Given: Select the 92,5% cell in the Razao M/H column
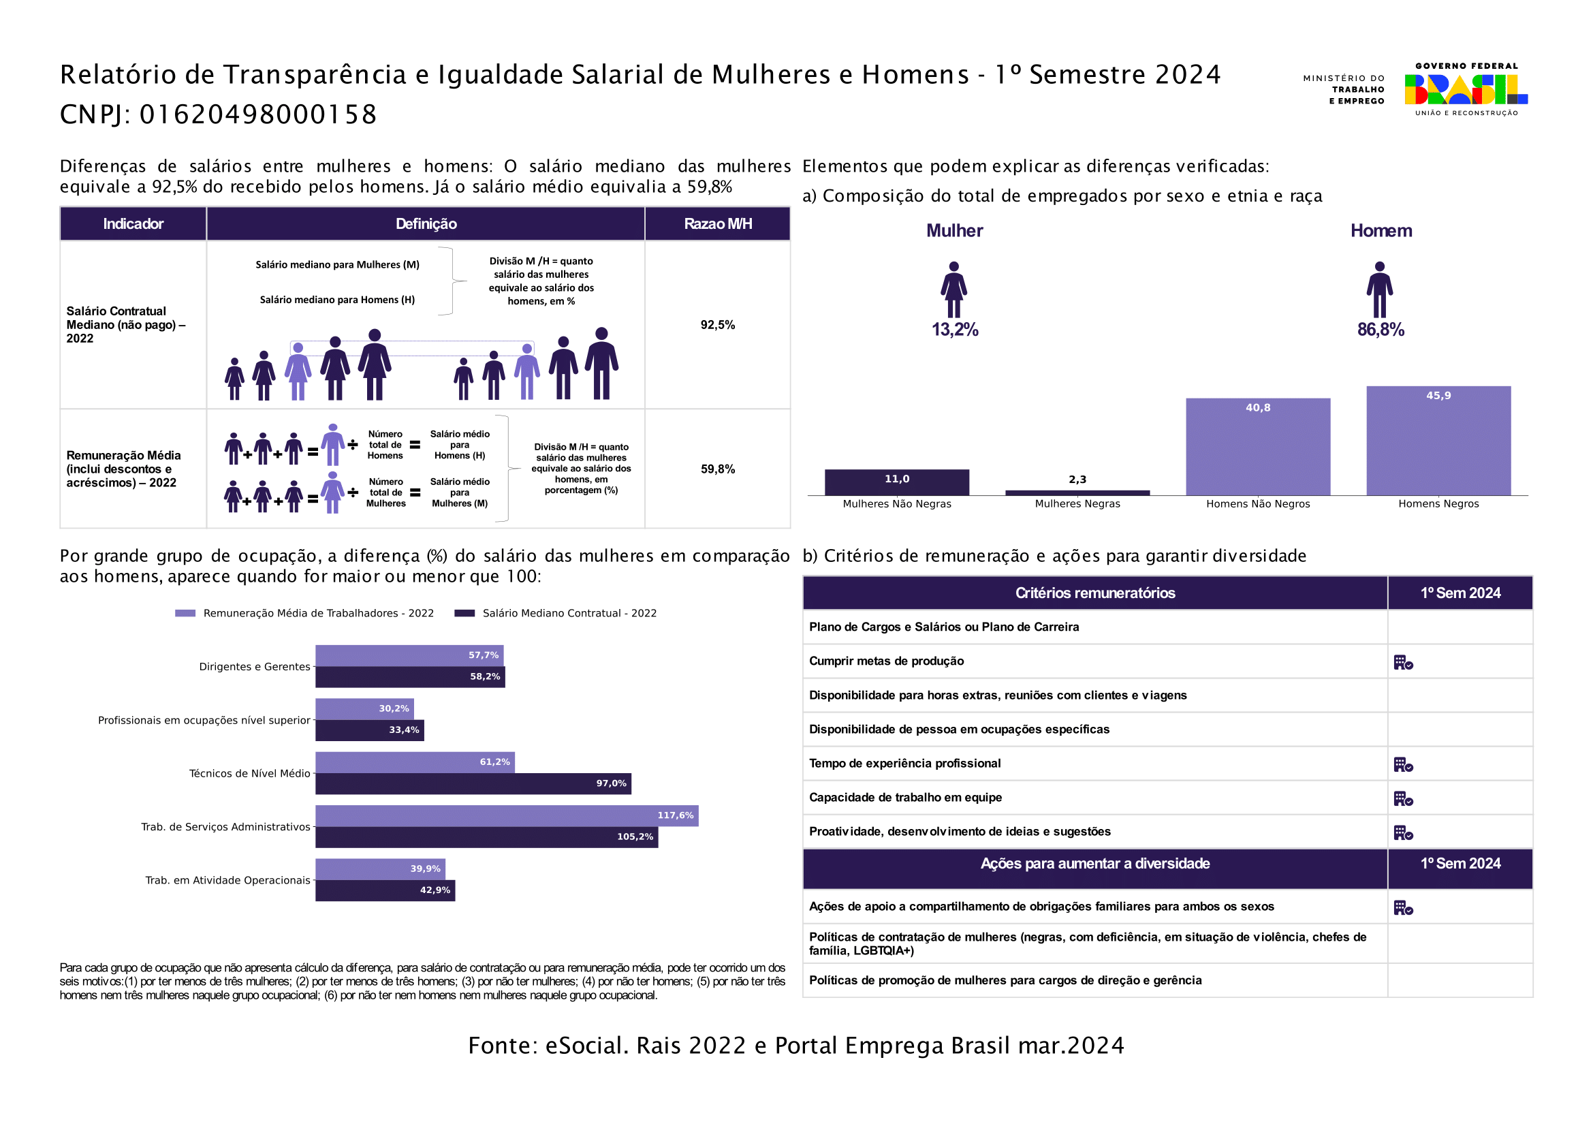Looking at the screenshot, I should [x=717, y=325].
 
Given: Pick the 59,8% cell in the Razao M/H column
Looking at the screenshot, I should [x=717, y=469].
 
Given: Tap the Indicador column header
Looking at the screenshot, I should [x=133, y=223].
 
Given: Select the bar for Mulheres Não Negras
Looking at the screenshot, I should [x=896, y=483].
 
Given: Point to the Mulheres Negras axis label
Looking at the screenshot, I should [x=1077, y=503].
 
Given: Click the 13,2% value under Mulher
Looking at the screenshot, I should [x=955, y=330].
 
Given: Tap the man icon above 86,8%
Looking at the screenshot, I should [x=1379, y=290].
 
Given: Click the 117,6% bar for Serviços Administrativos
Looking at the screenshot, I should [x=507, y=815].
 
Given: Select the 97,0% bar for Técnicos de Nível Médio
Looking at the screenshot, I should [x=473, y=783].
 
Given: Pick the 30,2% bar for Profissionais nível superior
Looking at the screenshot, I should [x=364, y=708].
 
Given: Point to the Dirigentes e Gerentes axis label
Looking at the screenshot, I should [x=255, y=667].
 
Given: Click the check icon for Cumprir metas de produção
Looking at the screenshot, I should [x=1403, y=663].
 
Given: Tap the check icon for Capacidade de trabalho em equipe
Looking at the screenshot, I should [x=1403, y=798].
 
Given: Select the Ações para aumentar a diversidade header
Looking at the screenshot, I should [x=1095, y=864].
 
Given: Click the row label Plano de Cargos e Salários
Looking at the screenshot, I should [x=943, y=627].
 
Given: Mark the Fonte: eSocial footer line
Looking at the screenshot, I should [x=795, y=1046].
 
